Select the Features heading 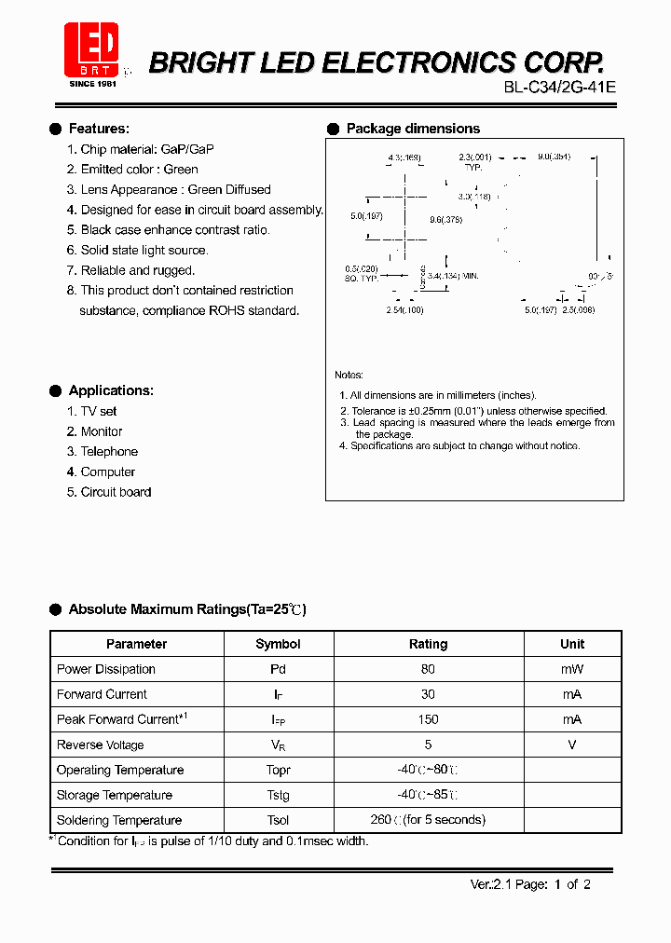click(x=99, y=129)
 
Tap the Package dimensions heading click(x=413, y=129)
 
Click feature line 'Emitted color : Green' click(x=139, y=170)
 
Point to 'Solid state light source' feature click(x=144, y=250)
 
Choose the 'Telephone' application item click(x=109, y=452)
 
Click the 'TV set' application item click(x=99, y=411)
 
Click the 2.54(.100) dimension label click(x=404, y=310)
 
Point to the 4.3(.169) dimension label click(x=404, y=157)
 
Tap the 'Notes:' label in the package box click(x=349, y=375)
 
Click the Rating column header click(x=429, y=644)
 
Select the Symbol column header click(x=278, y=644)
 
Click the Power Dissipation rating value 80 click(x=428, y=669)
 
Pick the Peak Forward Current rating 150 click(x=428, y=719)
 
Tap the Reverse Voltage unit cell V click(x=572, y=745)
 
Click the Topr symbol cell click(x=278, y=771)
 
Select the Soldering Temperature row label click(x=119, y=820)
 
